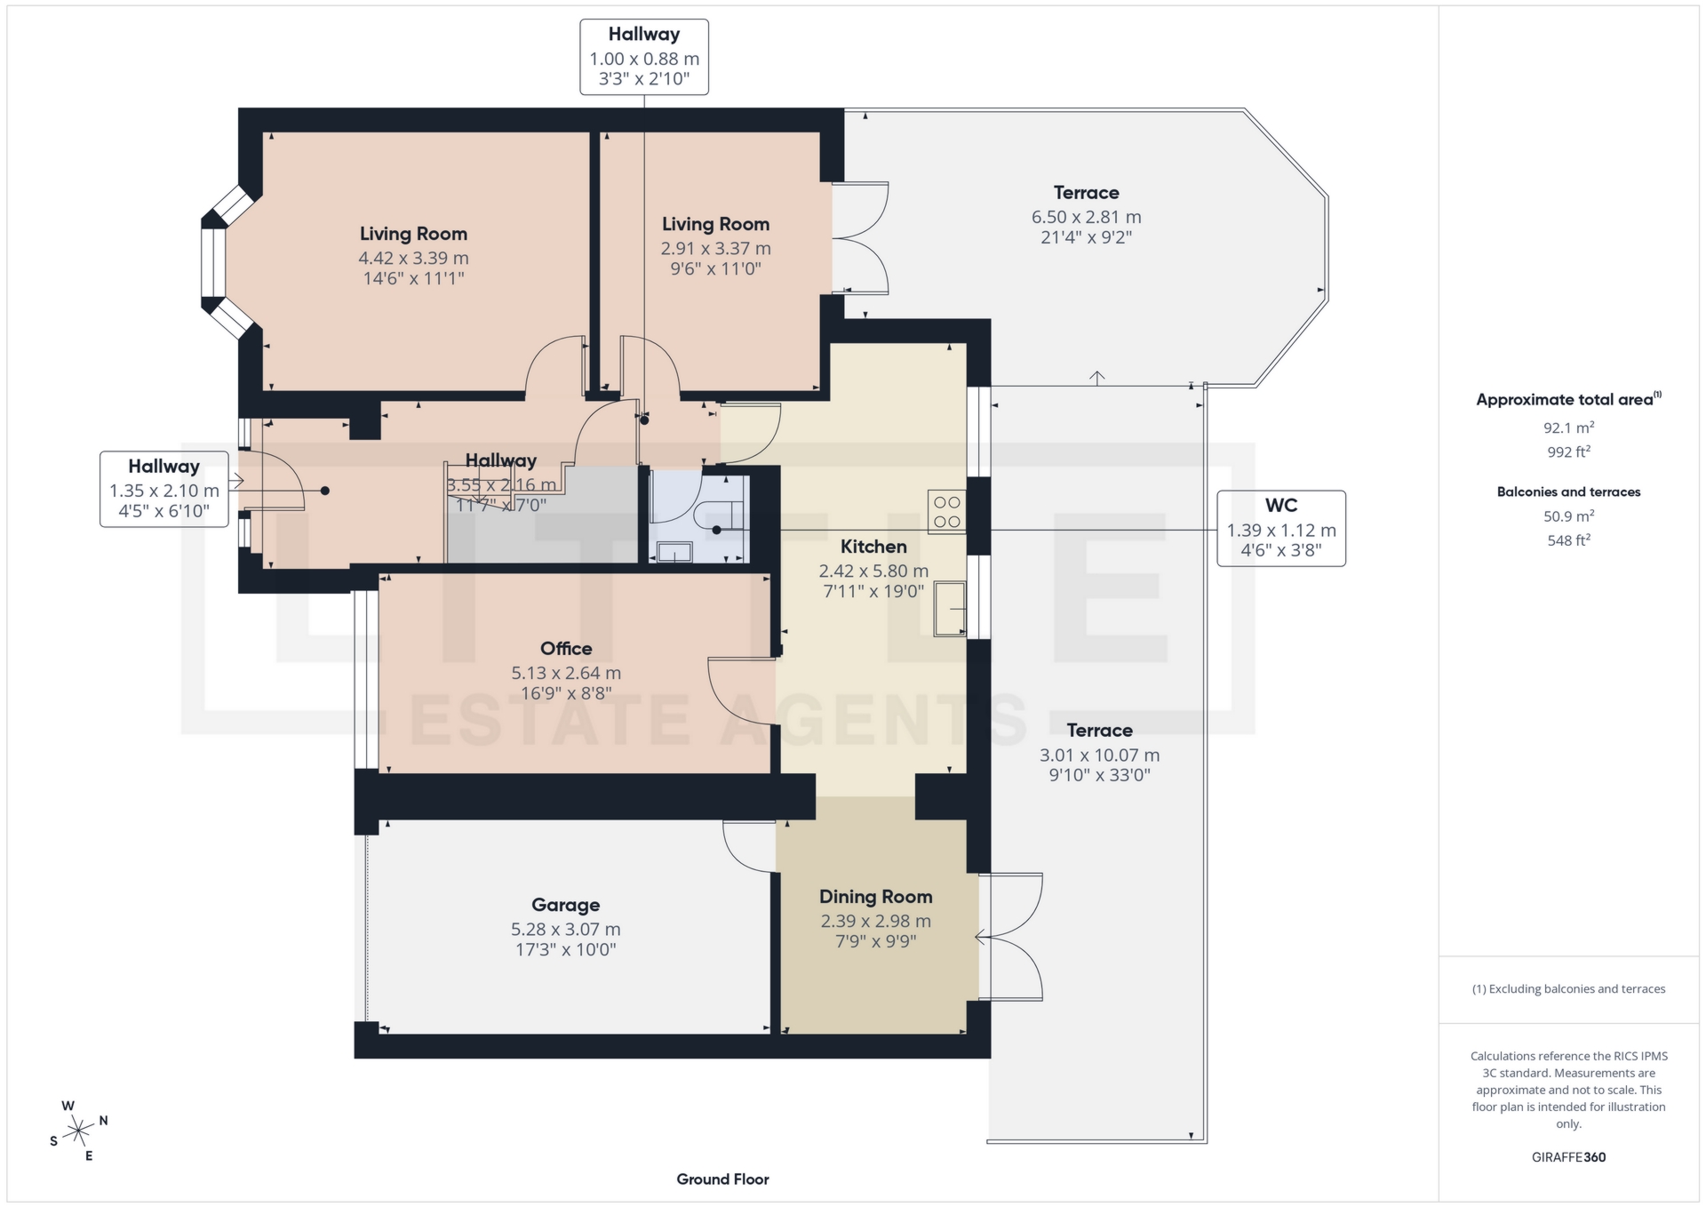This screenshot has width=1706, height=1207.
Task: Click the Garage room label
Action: pyautogui.click(x=565, y=905)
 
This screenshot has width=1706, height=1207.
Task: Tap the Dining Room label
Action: pyautogui.click(x=875, y=897)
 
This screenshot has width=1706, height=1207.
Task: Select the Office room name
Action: pyautogui.click(x=566, y=649)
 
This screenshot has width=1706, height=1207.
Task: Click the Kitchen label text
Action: pyautogui.click(x=873, y=547)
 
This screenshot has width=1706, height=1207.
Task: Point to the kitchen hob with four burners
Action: pyautogui.click(x=946, y=512)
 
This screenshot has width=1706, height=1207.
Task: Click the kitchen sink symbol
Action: pyautogui.click(x=949, y=609)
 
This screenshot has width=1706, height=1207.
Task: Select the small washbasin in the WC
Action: pyautogui.click(x=674, y=553)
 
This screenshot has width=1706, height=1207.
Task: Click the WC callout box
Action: pyautogui.click(x=1280, y=528)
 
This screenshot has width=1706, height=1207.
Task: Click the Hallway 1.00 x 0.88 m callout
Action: pyautogui.click(x=644, y=57)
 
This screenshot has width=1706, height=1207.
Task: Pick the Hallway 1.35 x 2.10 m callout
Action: pyautogui.click(x=163, y=489)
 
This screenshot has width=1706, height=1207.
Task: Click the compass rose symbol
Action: pyautogui.click(x=79, y=1131)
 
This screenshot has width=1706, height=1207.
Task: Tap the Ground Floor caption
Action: pyautogui.click(x=722, y=1179)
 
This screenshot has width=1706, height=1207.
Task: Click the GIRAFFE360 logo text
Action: pyautogui.click(x=1568, y=1157)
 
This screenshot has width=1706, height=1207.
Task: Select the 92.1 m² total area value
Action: pyautogui.click(x=1568, y=428)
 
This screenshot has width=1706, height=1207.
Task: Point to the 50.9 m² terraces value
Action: pyautogui.click(x=1568, y=516)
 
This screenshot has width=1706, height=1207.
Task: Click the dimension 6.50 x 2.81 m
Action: pyautogui.click(x=1086, y=217)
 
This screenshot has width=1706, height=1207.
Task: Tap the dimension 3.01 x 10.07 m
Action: pyautogui.click(x=1099, y=755)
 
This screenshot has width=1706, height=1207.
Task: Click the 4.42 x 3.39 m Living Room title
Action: pyautogui.click(x=413, y=234)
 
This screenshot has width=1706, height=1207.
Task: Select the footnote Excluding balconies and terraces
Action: pyautogui.click(x=1568, y=989)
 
